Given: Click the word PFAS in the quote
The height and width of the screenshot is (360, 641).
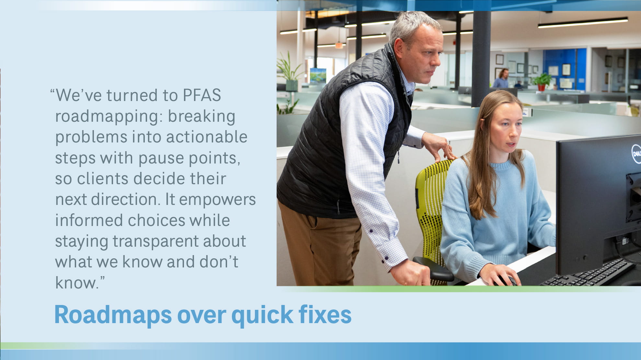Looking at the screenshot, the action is [202, 95].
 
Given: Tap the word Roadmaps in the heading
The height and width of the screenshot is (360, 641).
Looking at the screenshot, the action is [113, 315].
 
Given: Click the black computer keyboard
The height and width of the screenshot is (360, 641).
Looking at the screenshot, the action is [588, 273].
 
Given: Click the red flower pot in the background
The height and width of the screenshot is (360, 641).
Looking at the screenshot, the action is [541, 87].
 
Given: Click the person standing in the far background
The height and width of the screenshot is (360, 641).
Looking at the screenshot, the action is [501, 78].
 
